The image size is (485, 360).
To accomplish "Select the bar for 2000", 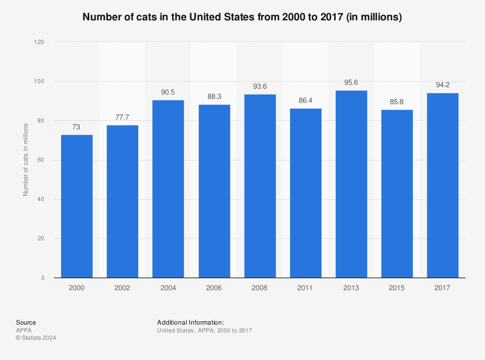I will pos(77,206).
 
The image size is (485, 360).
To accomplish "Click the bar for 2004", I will pos(168,189).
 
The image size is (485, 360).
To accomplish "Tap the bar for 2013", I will pos(351,184).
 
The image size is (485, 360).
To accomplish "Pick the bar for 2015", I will pos(397,194).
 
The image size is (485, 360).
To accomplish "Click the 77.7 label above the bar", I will pos(122,117).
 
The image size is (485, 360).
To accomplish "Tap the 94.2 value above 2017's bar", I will pos(442,85).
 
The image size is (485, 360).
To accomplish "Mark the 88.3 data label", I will pos(214,96).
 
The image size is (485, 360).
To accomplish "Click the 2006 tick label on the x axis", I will pos(214,288).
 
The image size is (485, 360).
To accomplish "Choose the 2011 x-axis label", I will pos(306,288).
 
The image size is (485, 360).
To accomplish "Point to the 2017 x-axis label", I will pos(442,288).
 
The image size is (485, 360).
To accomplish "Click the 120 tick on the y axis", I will pos(39,42).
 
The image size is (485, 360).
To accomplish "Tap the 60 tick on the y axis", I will pos(41,160).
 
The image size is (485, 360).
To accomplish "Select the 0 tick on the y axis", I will pos(43,278).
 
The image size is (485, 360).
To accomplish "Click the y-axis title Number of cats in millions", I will pos(26,160).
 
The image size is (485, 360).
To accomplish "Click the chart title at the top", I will pos(242,17).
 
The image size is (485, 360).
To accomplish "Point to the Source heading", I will pos(26,322).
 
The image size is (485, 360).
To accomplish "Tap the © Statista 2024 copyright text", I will pos(36,338).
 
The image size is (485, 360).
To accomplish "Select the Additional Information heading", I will pos(190,322).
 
